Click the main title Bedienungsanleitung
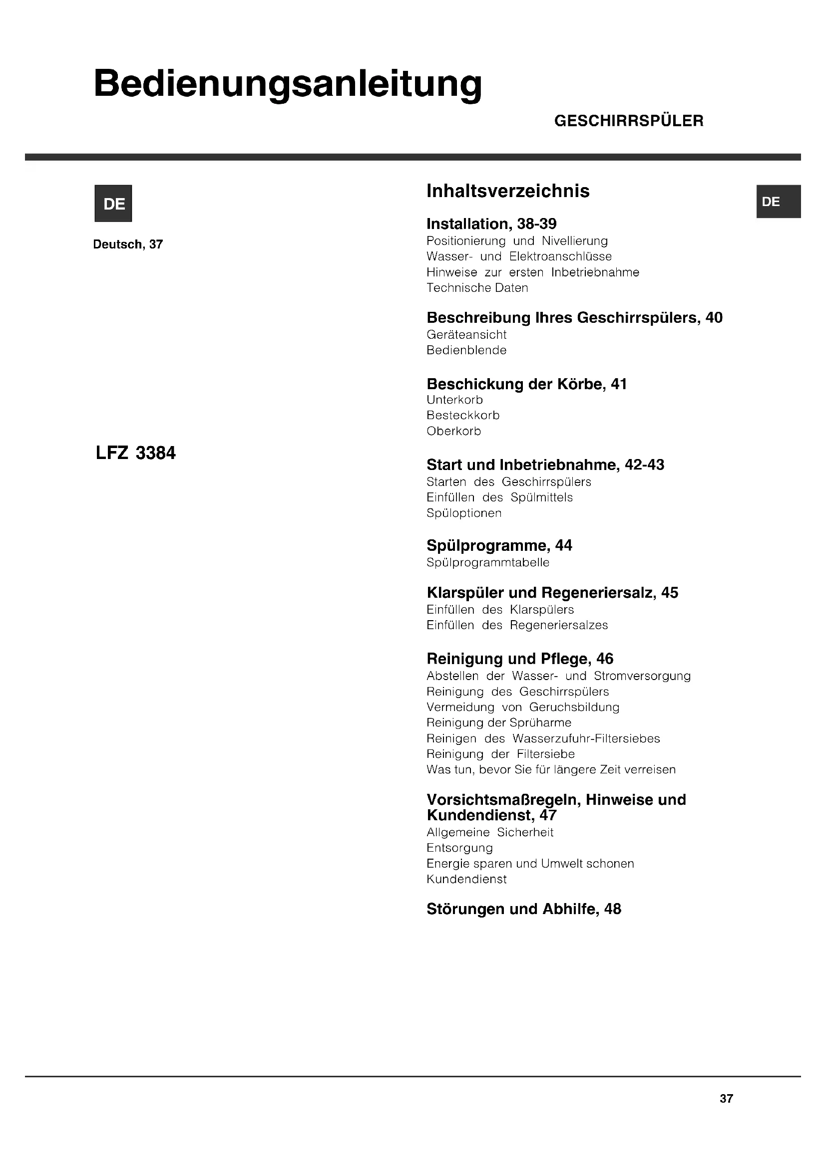(287, 84)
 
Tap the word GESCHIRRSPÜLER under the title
(629, 121)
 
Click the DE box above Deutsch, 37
(113, 203)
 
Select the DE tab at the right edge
(778, 201)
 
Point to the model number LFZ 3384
(135, 453)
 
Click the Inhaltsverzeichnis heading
(507, 191)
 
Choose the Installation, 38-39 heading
(491, 224)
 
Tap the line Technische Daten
(477, 288)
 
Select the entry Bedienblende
(466, 350)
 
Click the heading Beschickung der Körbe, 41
(526, 384)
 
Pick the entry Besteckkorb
(463, 415)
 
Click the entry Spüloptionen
(464, 513)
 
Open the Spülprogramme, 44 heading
(499, 545)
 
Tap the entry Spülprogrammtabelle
(488, 562)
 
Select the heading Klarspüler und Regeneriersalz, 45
(552, 593)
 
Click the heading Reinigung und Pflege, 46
(520, 659)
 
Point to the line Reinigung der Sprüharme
(499, 722)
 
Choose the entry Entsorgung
(460, 848)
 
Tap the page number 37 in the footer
(726, 1099)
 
